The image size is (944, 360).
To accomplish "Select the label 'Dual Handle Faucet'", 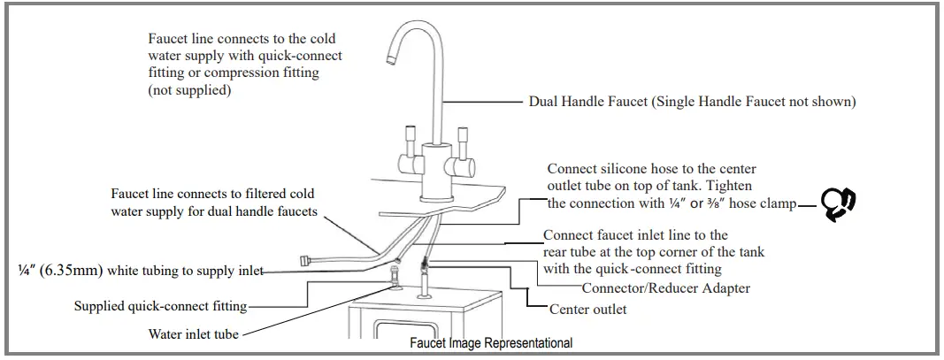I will point(587,102).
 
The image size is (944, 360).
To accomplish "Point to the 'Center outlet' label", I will point(587,310).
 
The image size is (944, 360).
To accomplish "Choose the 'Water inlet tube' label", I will point(194,334).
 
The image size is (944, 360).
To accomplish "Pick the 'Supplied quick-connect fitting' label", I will point(160,306).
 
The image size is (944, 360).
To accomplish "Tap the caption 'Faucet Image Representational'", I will point(491,343).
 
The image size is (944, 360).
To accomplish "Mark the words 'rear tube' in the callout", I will point(572,252).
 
